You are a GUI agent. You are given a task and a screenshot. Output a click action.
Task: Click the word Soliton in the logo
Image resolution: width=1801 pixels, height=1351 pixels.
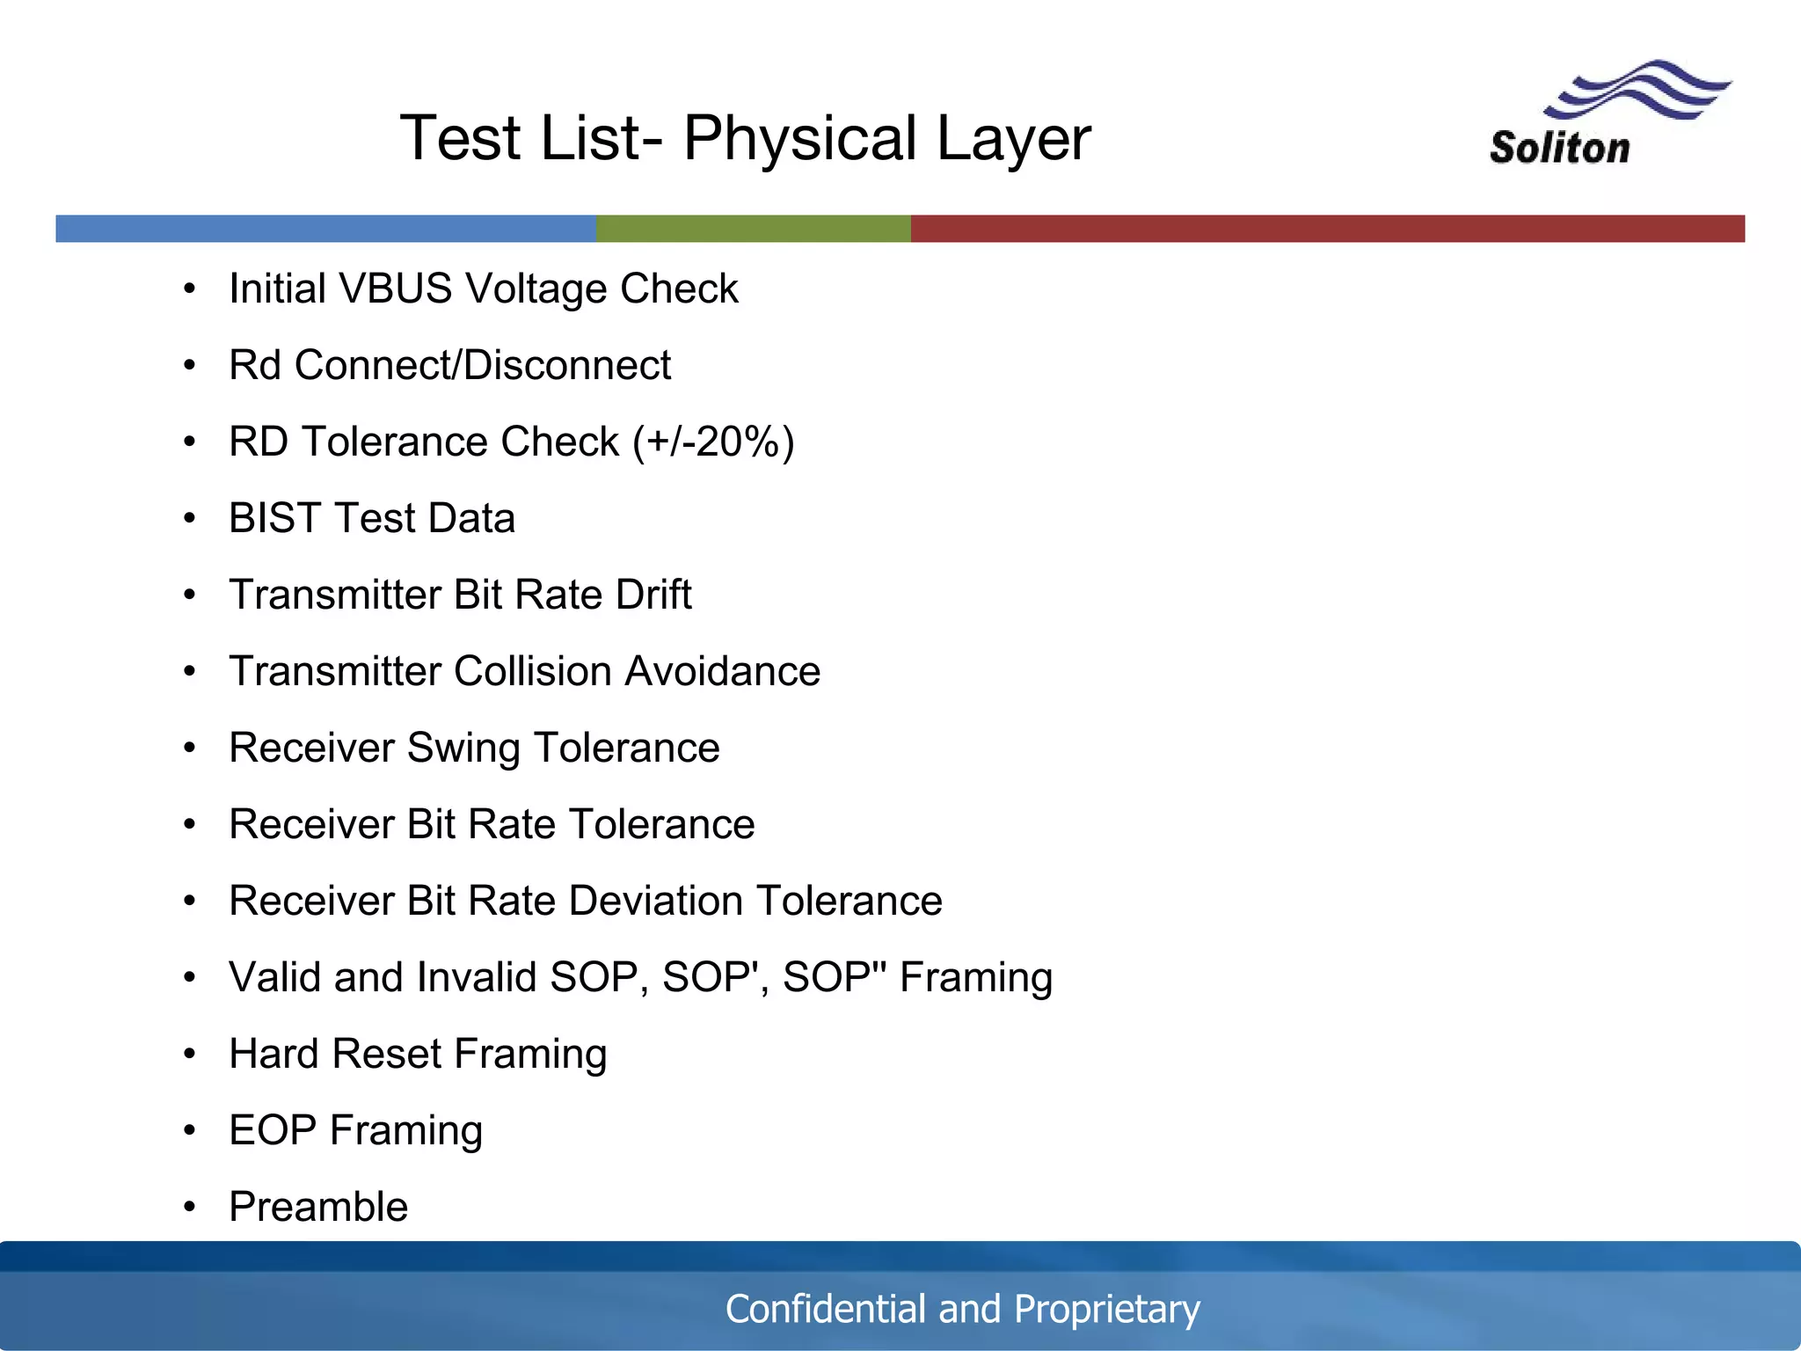tap(1559, 148)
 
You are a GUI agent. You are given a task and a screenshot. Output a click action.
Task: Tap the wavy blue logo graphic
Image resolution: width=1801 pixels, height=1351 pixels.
tap(1636, 90)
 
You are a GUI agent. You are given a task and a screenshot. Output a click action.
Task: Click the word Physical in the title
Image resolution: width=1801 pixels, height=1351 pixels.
tap(800, 139)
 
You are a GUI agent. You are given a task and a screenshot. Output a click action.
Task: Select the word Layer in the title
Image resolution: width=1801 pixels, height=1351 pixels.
tap(1013, 139)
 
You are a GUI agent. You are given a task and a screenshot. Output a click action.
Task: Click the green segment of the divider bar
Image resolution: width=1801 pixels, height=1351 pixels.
tap(753, 229)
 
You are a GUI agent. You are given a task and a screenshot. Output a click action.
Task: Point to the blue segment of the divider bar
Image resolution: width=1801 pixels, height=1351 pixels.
tap(325, 229)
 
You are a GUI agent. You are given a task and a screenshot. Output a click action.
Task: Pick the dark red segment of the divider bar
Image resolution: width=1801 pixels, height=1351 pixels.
tap(1328, 229)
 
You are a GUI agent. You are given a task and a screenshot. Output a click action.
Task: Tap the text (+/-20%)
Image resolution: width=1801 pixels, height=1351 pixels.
tap(713, 442)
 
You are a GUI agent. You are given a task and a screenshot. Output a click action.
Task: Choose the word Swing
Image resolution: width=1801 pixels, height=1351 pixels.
tap(463, 749)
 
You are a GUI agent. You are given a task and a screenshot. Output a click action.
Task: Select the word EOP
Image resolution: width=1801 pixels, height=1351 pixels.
tap(272, 1130)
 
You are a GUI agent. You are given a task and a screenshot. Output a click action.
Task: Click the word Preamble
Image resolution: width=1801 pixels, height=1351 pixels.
tap(318, 1207)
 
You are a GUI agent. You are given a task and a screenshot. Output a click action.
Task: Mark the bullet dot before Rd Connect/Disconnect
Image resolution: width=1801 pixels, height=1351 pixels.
tap(189, 366)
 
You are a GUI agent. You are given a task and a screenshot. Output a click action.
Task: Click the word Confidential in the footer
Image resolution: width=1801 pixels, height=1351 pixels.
tap(825, 1309)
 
